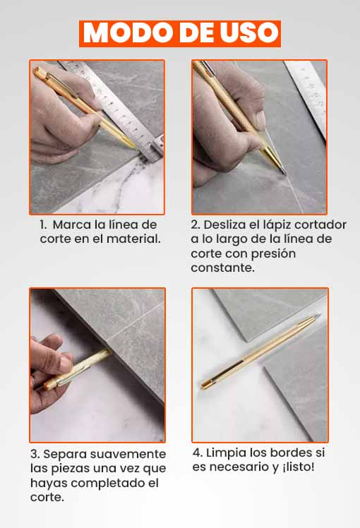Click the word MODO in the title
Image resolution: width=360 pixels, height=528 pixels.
pyautogui.click(x=127, y=32)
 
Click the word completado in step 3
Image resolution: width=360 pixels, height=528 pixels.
pyautogui.click(x=108, y=484)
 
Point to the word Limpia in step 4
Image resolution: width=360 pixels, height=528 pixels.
pyautogui.click(x=222, y=453)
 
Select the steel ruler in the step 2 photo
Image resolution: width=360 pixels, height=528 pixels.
pyautogui.click(x=306, y=98)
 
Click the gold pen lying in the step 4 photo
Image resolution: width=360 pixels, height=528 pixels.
pyautogui.click(x=261, y=352)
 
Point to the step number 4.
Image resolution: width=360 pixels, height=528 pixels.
pyautogui.click(x=197, y=453)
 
